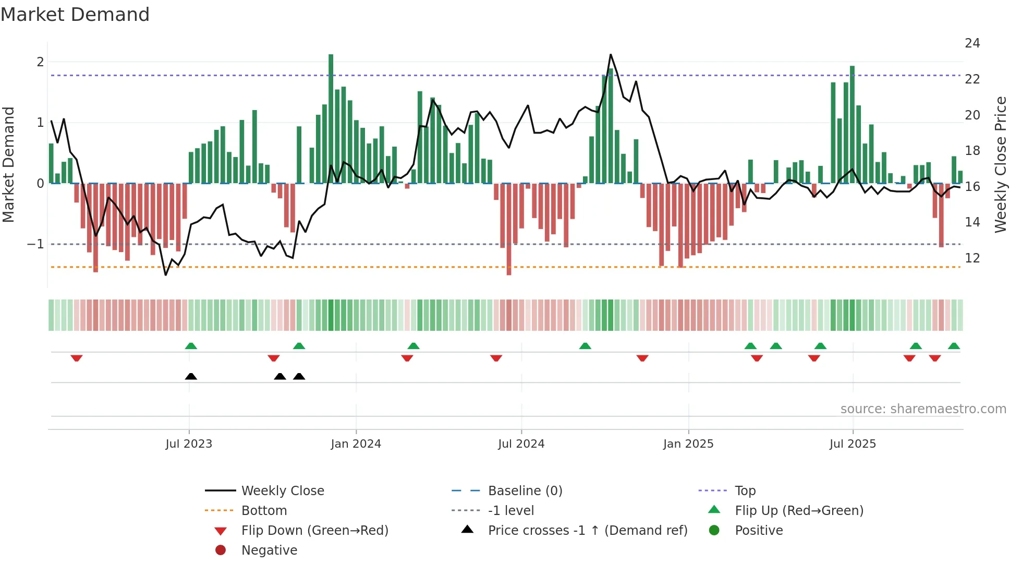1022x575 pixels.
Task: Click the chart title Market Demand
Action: coord(75,14)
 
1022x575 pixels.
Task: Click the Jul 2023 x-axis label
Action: coord(189,444)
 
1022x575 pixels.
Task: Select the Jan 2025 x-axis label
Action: coord(688,444)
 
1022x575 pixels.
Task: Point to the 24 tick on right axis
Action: coord(972,43)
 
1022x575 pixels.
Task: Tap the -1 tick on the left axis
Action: coord(35,244)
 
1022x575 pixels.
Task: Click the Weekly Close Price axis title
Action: coord(1000,164)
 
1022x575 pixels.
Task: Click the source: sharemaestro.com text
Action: coord(923,409)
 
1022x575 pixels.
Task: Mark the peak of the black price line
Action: coord(611,54)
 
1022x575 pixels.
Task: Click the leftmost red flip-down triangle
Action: coord(77,358)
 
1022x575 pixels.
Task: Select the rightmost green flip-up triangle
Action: coord(954,346)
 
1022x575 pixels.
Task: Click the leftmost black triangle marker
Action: coord(191,376)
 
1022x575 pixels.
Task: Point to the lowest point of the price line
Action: coord(166,275)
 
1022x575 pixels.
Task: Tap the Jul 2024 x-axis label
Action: coord(521,444)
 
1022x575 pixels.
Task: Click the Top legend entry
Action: coord(745,490)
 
